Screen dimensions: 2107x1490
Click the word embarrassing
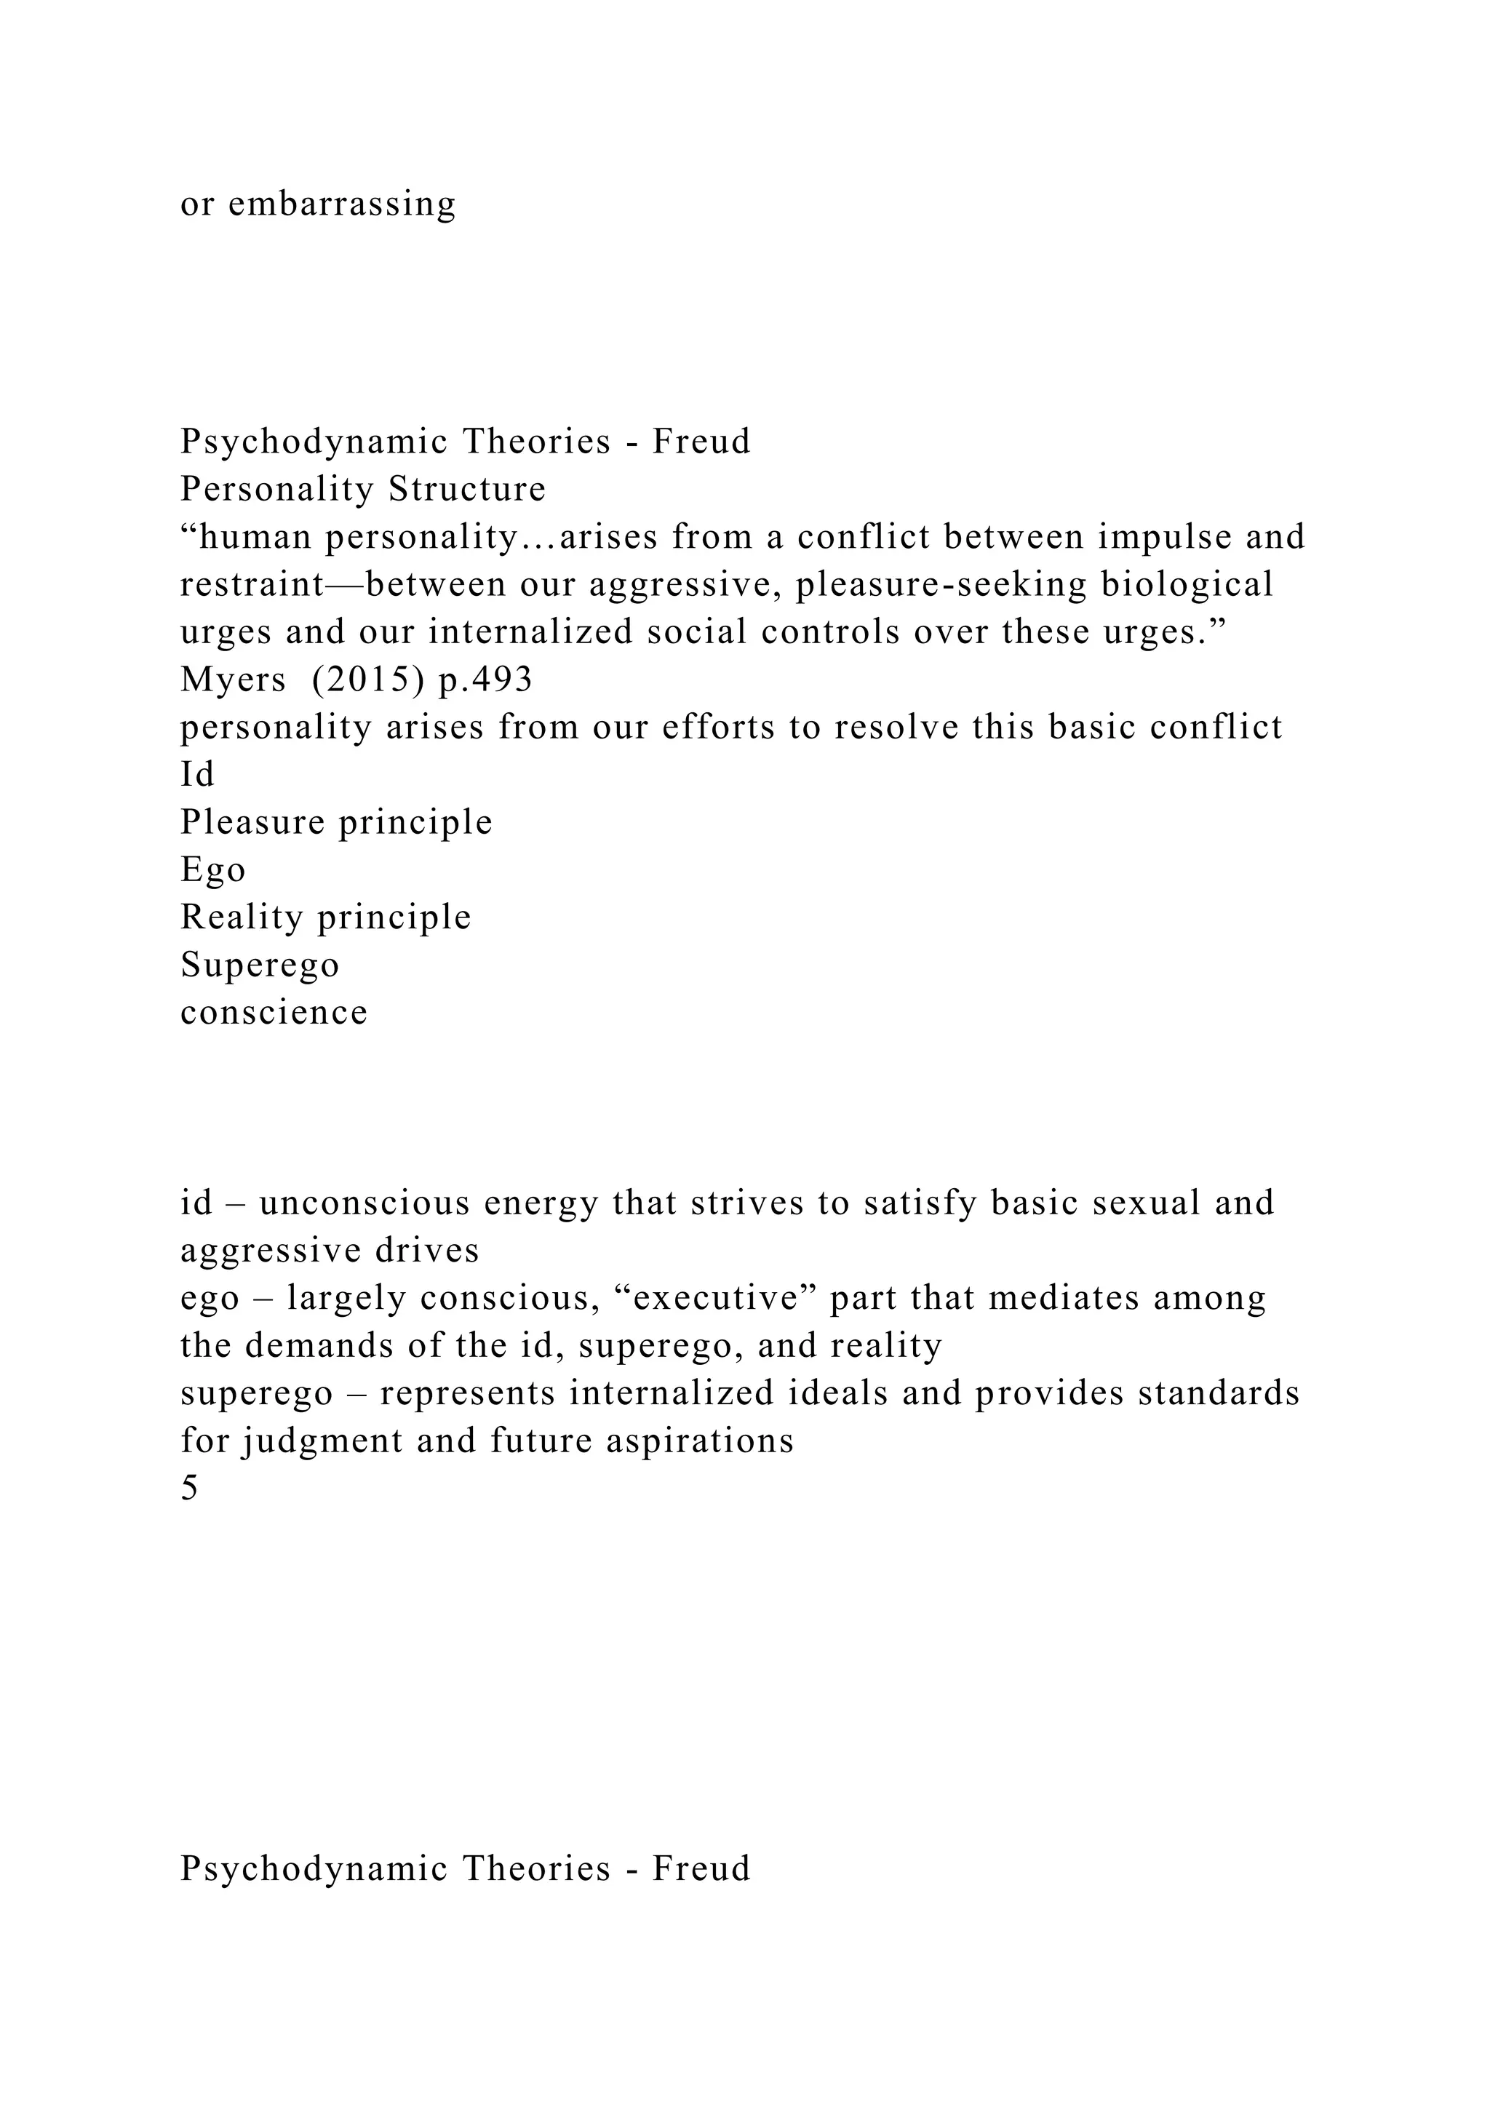(341, 204)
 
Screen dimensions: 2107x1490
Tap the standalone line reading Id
(197, 775)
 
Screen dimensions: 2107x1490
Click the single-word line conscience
(274, 1012)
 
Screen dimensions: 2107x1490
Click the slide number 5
(189, 1489)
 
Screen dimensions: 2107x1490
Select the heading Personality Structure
(362, 488)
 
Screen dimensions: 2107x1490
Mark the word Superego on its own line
(260, 965)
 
